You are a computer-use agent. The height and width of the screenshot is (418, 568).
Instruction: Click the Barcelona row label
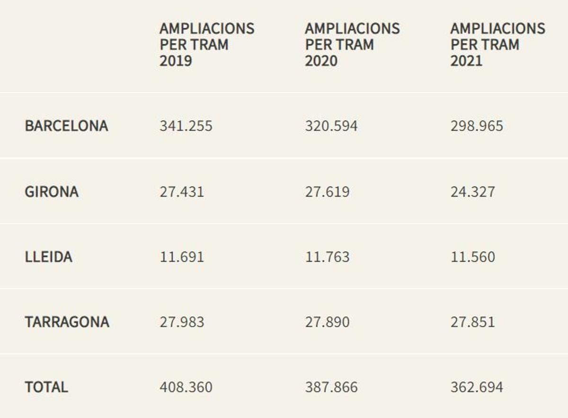point(66,126)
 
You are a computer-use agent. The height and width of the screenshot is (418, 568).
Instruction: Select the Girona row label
point(52,192)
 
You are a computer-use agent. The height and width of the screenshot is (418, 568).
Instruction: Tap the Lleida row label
point(48,257)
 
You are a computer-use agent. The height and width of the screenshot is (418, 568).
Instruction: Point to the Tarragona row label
point(67,322)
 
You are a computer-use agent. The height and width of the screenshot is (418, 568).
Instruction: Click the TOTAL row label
point(46,387)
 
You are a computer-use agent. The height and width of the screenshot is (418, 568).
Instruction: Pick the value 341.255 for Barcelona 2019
point(186,126)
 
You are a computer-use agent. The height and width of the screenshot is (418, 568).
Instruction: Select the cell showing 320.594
point(331,126)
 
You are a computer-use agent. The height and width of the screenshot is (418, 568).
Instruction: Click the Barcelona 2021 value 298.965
point(477,126)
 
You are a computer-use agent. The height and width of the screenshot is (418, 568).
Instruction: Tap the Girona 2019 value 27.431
point(182,192)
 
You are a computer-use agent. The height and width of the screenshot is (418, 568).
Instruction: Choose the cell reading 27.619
point(327,192)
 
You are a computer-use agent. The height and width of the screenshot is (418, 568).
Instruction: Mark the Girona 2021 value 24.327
point(472,192)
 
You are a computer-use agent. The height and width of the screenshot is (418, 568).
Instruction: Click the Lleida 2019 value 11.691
point(182,257)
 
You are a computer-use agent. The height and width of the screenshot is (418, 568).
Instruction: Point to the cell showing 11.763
point(327,257)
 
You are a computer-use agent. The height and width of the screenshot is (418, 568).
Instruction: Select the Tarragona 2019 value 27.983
point(182,322)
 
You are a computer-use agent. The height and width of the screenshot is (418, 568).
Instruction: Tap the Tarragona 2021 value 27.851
point(472,322)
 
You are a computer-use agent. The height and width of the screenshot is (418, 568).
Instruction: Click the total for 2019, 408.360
point(186,387)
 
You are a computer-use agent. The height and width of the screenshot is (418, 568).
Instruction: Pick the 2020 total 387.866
point(331,387)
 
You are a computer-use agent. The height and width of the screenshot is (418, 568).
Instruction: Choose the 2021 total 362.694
point(477,387)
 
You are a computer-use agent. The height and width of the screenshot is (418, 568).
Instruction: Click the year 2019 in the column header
point(176,61)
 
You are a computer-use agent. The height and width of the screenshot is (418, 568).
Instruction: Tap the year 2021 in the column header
point(466,61)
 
